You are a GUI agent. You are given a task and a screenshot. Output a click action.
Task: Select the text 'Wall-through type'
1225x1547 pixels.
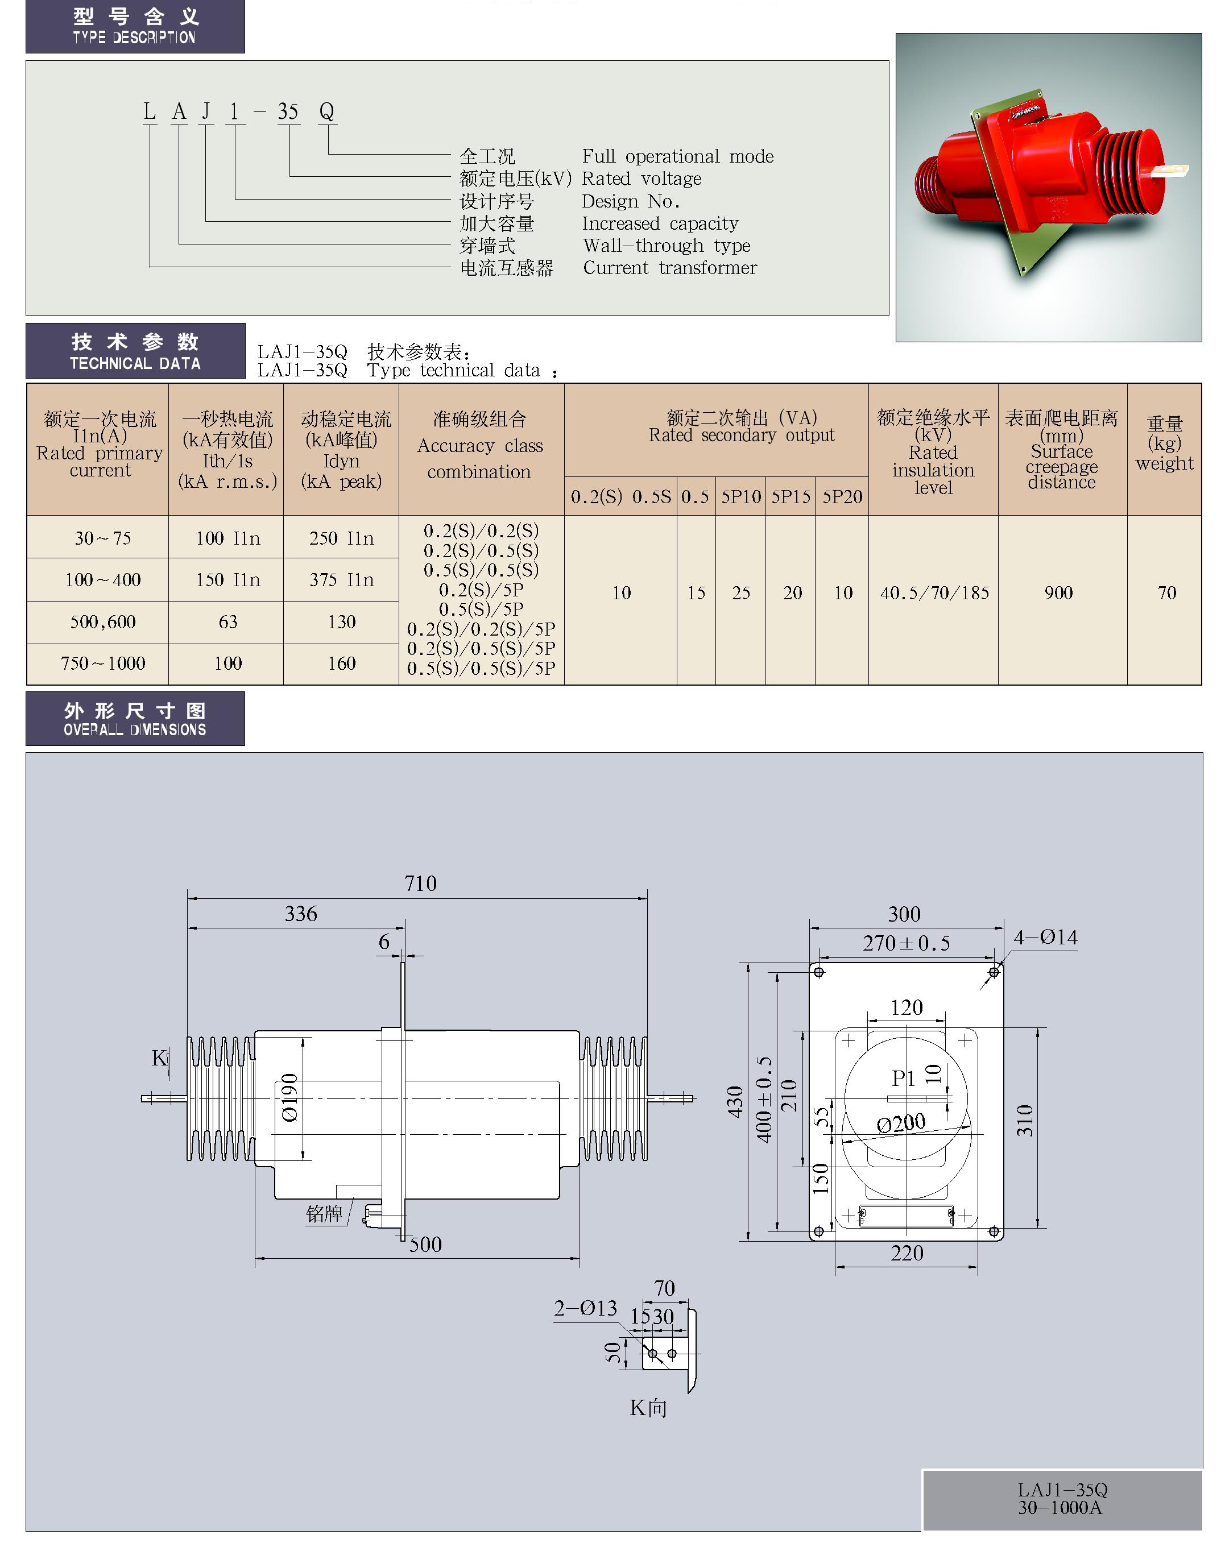pos(667,246)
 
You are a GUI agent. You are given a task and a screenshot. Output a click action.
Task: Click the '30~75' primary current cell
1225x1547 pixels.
pos(102,538)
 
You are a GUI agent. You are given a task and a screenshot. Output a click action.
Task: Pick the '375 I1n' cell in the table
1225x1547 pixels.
pos(341,580)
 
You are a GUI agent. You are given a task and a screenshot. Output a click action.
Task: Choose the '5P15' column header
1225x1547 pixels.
pos(791,497)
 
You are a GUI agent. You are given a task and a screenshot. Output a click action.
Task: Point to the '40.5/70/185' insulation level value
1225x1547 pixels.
pos(934,593)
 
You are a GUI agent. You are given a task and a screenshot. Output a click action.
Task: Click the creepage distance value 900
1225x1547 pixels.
pos(1058,593)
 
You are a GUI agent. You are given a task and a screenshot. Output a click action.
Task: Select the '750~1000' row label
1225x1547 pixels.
pos(102,663)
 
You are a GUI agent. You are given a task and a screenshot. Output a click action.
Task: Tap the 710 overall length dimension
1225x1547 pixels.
pos(420,883)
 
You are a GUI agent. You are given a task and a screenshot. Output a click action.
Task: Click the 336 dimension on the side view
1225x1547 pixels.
pos(300,913)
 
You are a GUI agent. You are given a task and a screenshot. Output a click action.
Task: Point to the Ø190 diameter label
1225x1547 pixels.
pos(289,1097)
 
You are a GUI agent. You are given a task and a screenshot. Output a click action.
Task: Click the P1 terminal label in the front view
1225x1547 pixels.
pos(903,1078)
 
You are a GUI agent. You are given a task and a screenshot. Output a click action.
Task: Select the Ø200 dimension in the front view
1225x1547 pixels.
pos(901,1123)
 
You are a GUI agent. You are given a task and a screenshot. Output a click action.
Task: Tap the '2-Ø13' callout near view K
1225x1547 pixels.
pos(585,1308)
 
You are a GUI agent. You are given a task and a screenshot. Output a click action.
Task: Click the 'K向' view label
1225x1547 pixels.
pos(648,1408)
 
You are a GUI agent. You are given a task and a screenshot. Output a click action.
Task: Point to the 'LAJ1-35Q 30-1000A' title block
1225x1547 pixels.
pos(1061,1498)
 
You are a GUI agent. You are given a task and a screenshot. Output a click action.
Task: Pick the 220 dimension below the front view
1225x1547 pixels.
pos(907,1253)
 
